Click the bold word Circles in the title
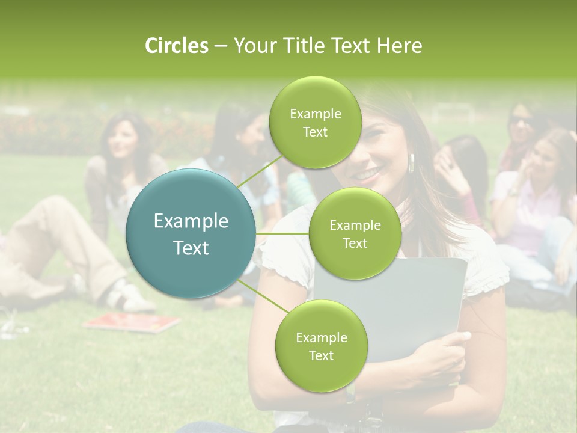pyautogui.click(x=176, y=46)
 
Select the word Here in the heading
pyautogui.click(x=400, y=46)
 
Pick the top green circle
pyautogui.click(x=314, y=123)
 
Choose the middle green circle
pyautogui.click(x=355, y=234)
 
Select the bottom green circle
pyautogui.click(x=321, y=346)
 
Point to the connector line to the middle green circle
pyautogui.click(x=282, y=233)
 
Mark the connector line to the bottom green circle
pyautogui.click(x=263, y=298)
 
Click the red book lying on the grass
pyautogui.click(x=132, y=322)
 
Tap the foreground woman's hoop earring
pyautogui.click(x=413, y=163)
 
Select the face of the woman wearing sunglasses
pyautogui.click(x=521, y=124)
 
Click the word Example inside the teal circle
pyautogui.click(x=191, y=221)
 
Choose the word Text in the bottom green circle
pyautogui.click(x=321, y=355)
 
